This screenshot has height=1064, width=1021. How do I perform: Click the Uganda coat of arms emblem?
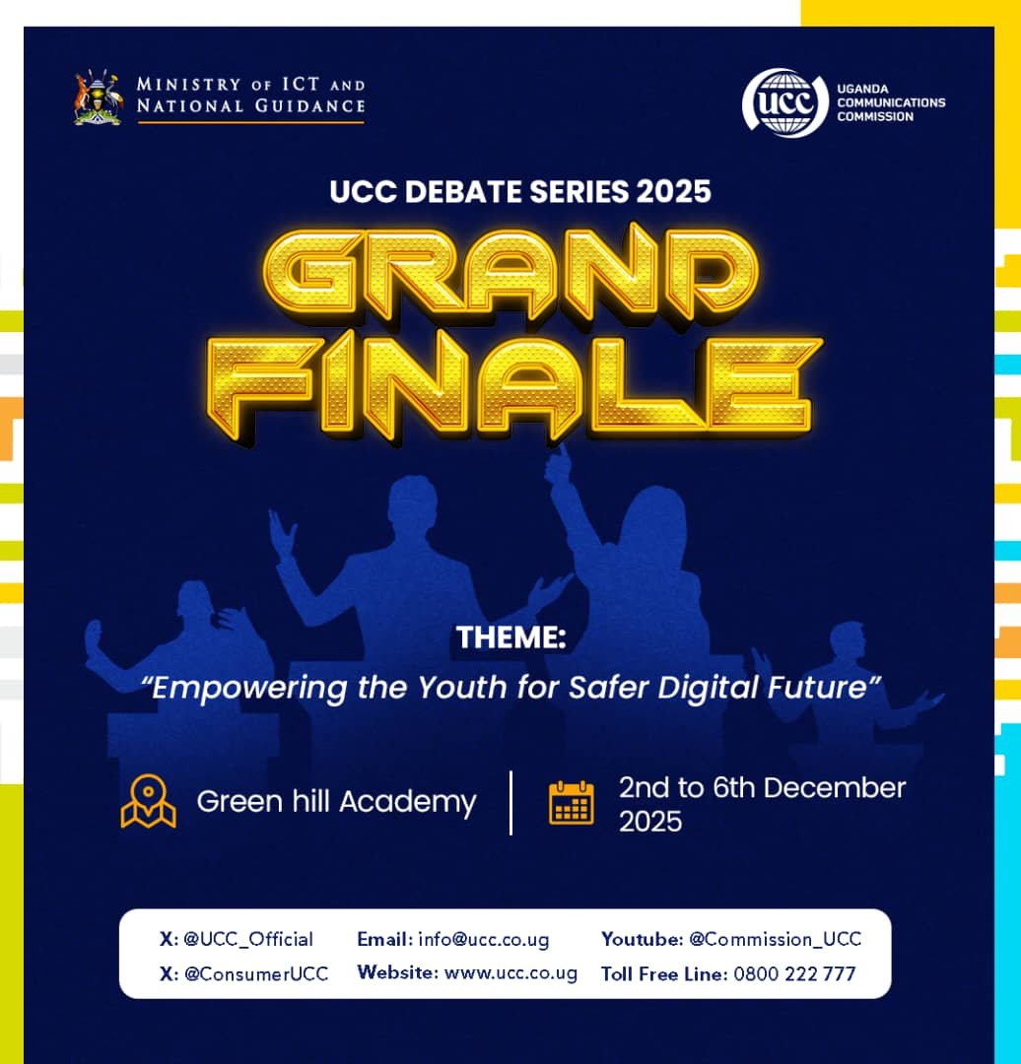click(x=98, y=97)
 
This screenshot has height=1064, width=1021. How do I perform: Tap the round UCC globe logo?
click(x=784, y=102)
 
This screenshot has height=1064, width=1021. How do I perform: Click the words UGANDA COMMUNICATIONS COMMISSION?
click(x=890, y=102)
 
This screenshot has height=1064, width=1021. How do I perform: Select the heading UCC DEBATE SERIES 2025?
click(x=520, y=191)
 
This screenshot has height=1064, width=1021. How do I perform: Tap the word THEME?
click(x=510, y=638)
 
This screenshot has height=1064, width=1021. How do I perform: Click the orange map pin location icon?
click(x=148, y=801)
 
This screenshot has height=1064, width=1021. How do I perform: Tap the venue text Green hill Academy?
click(x=336, y=802)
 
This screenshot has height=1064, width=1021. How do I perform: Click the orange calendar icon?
click(x=572, y=802)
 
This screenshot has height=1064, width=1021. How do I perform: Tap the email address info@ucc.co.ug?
click(x=484, y=939)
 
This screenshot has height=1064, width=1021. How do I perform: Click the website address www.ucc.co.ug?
click(x=510, y=973)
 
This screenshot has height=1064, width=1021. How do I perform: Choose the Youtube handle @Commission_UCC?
click(x=775, y=939)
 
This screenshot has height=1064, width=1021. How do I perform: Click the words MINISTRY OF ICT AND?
click(x=250, y=85)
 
